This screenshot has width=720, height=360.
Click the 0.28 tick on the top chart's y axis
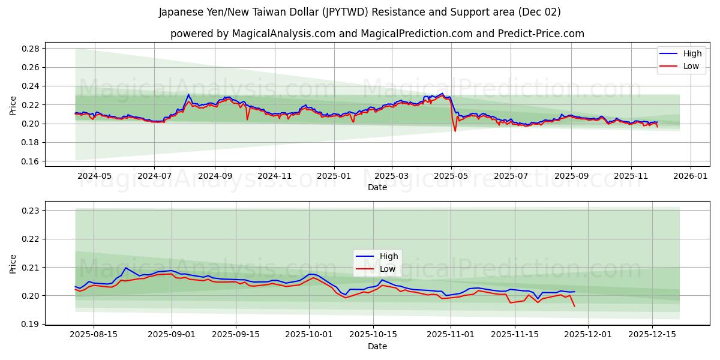pos(31,49)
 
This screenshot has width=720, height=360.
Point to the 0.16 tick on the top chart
pos(31,161)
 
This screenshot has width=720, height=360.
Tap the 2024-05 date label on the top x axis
pos(94,176)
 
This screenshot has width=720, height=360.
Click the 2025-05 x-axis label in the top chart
pos(451,176)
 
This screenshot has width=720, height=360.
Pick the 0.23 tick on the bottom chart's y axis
pos(31,211)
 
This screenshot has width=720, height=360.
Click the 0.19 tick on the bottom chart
pos(31,324)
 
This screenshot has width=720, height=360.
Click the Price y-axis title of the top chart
pos(13,105)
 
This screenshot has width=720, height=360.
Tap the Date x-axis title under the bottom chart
pos(377,346)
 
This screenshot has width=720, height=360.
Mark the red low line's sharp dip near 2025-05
pos(455,131)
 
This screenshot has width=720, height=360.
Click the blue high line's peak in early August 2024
pos(188,94)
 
